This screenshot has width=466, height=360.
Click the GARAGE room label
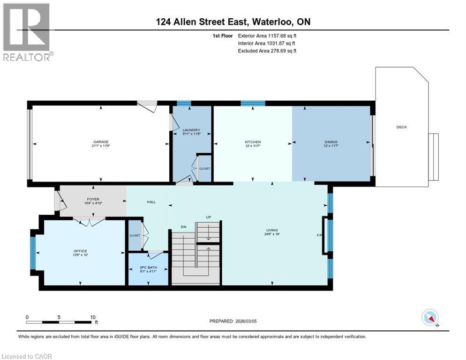click(101, 142)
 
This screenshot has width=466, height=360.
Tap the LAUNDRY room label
click(191, 130)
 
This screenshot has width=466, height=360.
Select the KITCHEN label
click(253, 142)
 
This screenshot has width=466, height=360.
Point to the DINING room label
click(331, 142)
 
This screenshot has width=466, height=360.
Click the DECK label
click(401, 127)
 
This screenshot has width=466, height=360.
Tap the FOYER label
click(92, 199)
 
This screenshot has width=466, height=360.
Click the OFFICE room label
click(80, 251)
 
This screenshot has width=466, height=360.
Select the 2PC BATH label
click(149, 268)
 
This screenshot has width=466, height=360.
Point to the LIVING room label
click(272, 230)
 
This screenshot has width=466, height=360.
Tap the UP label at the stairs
click(209, 217)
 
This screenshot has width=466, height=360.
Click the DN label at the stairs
click(184, 226)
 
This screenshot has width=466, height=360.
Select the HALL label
click(151, 202)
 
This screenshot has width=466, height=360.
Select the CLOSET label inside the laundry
click(205, 168)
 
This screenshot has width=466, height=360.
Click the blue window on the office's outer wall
click(33, 253)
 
